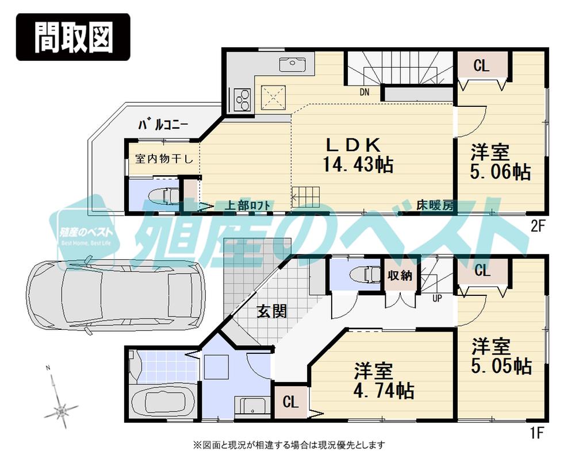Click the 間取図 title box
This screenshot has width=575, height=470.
(x=72, y=37)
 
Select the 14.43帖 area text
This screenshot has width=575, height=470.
(x=354, y=165)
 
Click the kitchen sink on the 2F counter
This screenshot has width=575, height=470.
(x=294, y=63)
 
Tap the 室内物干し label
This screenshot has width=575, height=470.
(x=164, y=159)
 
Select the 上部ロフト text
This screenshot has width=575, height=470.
(x=248, y=205)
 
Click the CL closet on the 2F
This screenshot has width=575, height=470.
(x=482, y=66)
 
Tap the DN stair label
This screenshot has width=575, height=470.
(x=364, y=92)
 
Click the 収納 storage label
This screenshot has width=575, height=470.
(x=400, y=276)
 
